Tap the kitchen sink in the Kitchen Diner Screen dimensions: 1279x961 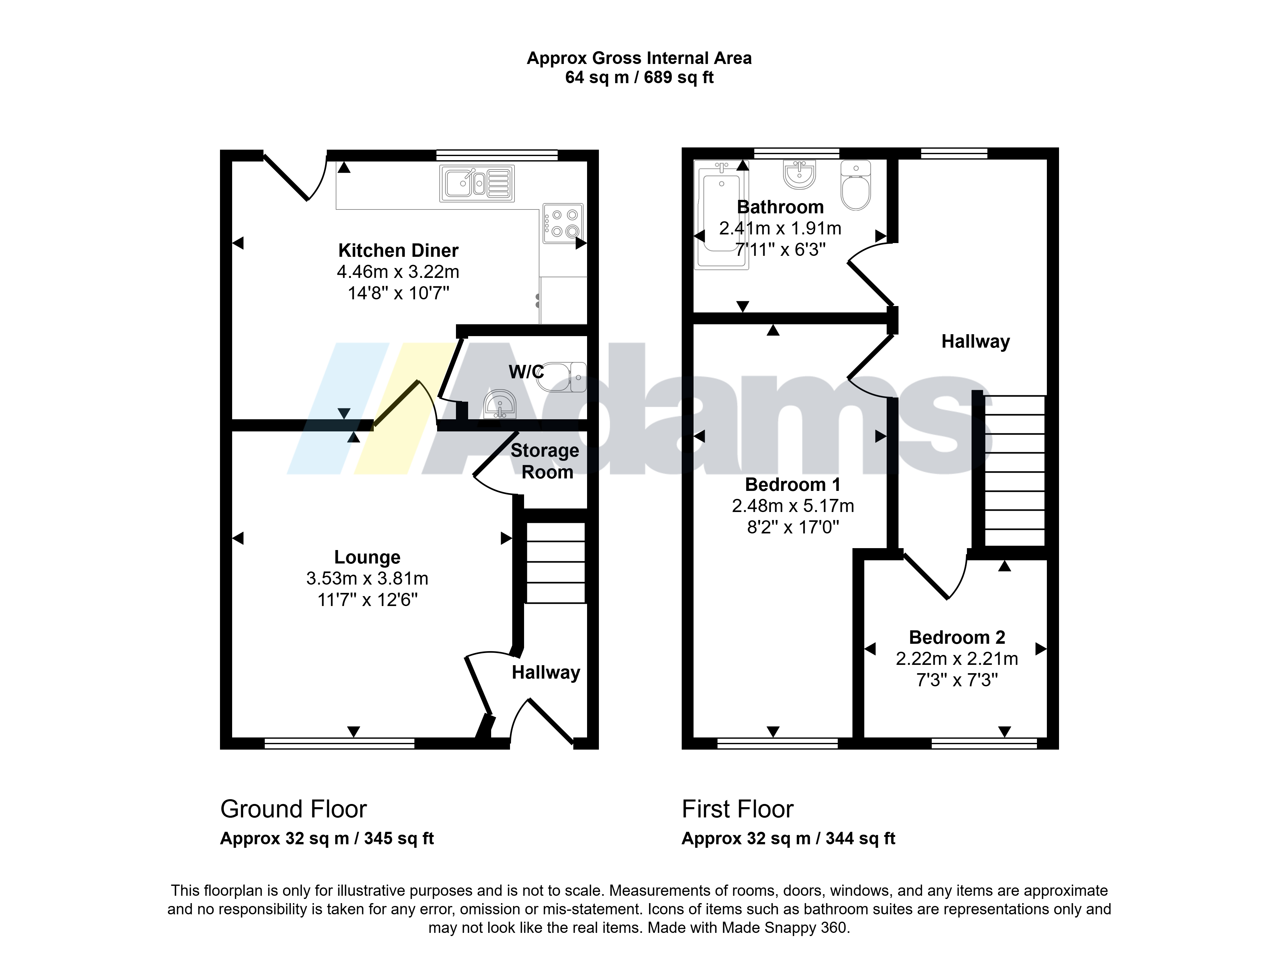pos(477,183)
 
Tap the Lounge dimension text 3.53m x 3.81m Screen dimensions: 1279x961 pos(367,578)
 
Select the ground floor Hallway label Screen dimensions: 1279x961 pos(546,673)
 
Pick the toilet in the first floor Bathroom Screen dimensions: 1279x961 pos(856,185)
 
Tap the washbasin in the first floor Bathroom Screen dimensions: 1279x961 pos(800,174)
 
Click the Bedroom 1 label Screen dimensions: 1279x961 pos(793,484)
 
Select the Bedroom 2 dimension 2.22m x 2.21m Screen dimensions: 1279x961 pos(957,658)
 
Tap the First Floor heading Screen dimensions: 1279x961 pos(737,809)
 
